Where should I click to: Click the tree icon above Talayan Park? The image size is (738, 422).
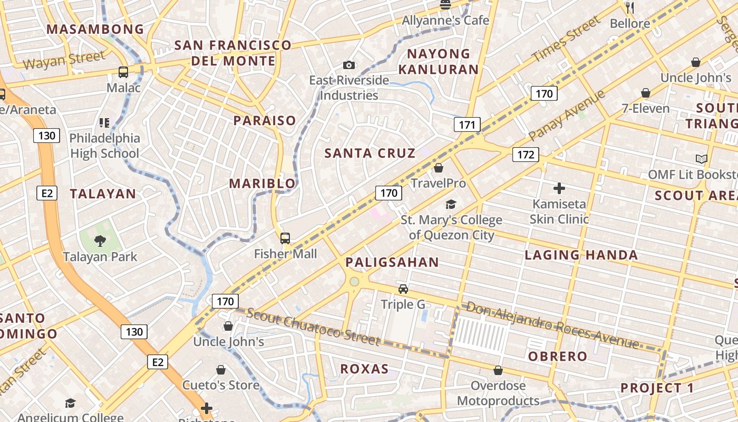click(100, 241)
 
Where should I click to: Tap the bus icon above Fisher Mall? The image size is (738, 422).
click(285, 238)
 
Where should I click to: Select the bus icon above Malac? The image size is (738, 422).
click(123, 72)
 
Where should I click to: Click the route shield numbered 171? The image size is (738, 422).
click(467, 124)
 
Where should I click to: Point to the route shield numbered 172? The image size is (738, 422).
click(526, 154)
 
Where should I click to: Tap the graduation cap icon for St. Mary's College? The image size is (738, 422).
click(451, 204)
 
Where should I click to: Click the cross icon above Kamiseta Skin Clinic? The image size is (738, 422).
click(559, 188)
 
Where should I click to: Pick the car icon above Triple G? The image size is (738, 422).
click(403, 289)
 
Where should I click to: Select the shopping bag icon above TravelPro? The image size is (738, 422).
click(439, 168)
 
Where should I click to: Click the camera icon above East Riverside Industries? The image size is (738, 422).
click(348, 65)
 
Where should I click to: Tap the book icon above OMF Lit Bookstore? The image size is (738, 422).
click(701, 159)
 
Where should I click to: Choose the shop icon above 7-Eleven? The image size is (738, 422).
click(646, 93)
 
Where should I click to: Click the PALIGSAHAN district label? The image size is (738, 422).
click(392, 262)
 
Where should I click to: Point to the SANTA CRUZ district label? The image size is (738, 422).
click(370, 154)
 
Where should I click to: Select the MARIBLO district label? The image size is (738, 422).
click(263, 184)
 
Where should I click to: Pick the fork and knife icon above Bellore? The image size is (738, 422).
click(629, 7)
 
